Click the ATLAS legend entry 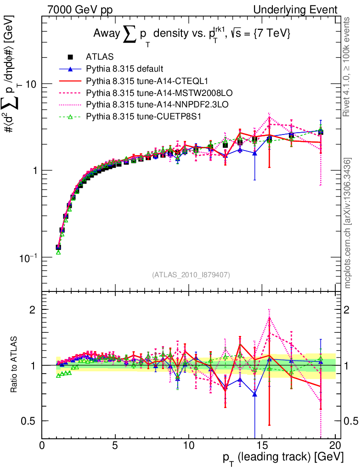[96, 57]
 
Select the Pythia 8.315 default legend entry [124, 69]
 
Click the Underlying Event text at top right [299, 10]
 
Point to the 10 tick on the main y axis [31, 84]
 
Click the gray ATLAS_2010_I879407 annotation [191, 274]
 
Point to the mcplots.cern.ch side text [349, 223]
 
